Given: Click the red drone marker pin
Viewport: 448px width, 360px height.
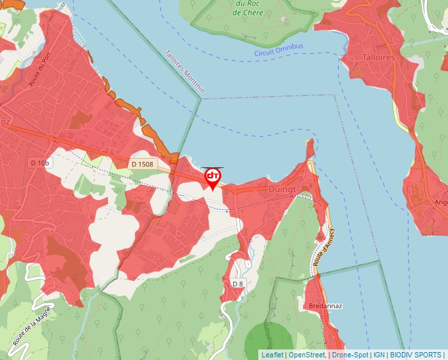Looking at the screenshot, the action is point(212,178).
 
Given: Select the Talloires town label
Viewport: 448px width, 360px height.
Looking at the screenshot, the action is point(378,58).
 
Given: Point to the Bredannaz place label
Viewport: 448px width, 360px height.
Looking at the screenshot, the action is point(325,307).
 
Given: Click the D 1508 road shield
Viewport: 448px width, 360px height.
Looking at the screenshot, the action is point(142,164).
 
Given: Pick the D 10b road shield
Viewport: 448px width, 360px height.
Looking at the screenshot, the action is point(40,163).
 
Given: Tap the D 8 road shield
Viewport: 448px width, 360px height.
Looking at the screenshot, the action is point(238,283).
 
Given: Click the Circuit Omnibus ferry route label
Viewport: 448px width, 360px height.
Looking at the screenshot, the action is point(279,50).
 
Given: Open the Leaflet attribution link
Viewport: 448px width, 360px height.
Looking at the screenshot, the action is point(272,355).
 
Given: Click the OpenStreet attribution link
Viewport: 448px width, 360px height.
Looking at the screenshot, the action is point(307,355).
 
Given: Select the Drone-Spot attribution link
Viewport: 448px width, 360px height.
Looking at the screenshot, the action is point(350,355).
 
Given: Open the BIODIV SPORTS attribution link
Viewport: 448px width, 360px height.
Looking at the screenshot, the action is point(416,355).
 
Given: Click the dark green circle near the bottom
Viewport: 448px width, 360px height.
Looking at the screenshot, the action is point(268,343).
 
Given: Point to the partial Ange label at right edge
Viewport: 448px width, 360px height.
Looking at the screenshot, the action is point(441,203).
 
